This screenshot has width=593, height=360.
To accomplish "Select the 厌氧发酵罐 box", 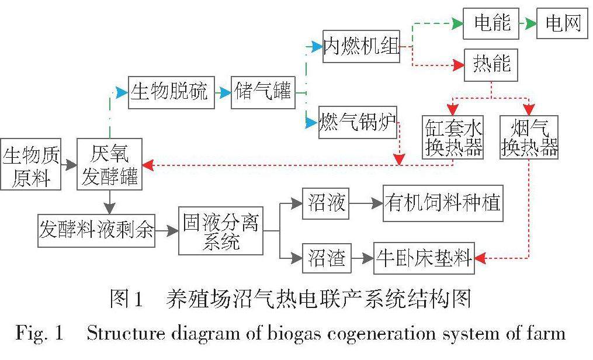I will tap(109, 164).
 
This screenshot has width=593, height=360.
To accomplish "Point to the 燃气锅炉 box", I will tap(357, 123).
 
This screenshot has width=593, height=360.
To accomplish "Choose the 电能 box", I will tap(491, 24).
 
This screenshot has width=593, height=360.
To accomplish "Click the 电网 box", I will tap(563, 24).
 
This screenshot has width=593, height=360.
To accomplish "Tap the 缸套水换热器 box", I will tap(453, 137).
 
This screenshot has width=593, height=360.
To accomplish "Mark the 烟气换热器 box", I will tap(529, 137).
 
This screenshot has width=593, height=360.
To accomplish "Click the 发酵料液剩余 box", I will tap(96, 230).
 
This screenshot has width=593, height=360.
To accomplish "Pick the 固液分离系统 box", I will tap(221, 230).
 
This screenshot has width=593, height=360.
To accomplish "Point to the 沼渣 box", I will tap(327, 258).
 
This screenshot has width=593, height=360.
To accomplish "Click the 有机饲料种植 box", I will tap(443, 203).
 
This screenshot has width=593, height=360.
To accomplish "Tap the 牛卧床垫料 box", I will tap(424, 258).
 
